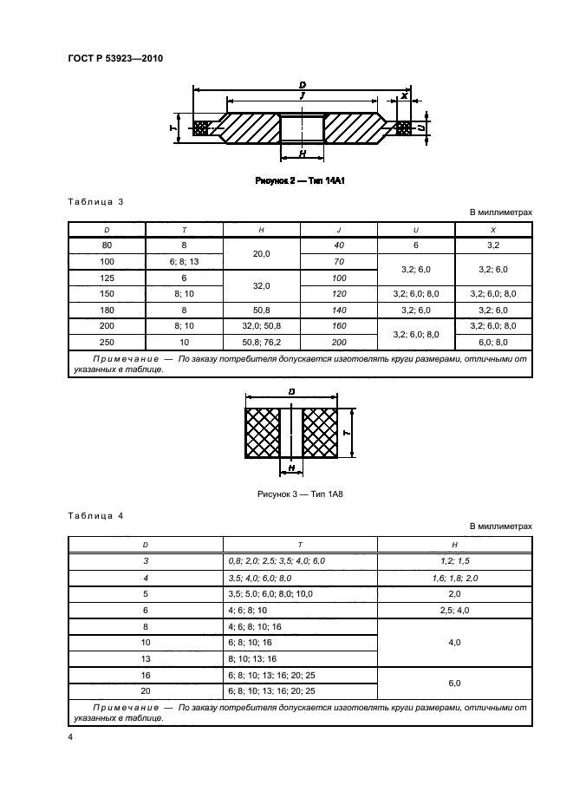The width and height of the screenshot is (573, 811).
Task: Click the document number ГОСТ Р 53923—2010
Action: point(115,59)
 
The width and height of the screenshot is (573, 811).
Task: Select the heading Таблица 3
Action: point(94,202)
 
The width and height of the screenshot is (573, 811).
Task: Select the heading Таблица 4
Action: point(94,516)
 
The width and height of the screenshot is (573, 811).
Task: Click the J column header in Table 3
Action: point(339,230)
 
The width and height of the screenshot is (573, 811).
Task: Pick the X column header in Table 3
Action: point(493,230)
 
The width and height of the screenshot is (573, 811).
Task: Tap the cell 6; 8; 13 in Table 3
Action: point(185,260)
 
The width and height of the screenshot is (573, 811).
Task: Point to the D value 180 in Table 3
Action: point(107,309)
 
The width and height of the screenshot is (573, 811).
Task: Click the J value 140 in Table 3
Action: point(339,309)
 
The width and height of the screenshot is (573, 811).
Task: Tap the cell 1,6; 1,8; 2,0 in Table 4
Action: point(454,578)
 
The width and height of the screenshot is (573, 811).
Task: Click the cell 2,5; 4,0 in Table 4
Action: point(454,610)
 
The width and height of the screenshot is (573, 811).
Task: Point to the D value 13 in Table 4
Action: point(146,658)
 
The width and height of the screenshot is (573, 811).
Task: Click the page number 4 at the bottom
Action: point(70,737)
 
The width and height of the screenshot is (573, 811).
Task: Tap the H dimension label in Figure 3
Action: point(292,467)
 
